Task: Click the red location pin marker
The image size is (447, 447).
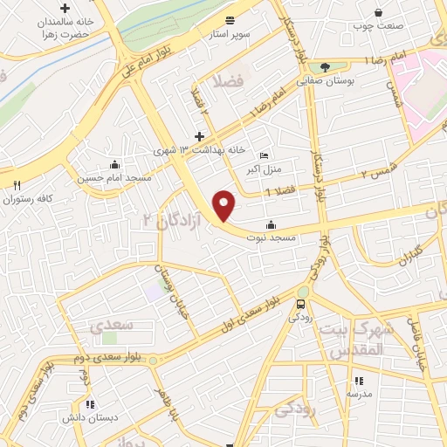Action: [224, 205]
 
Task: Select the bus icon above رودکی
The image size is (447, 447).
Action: [300, 304]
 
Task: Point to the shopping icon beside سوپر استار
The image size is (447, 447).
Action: [230, 19]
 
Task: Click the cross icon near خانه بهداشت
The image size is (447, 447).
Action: [200, 136]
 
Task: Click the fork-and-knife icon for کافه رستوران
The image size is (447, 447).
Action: [17, 185]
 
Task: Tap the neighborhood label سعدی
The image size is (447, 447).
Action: [112, 325]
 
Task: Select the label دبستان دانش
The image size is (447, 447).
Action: [88, 417]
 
